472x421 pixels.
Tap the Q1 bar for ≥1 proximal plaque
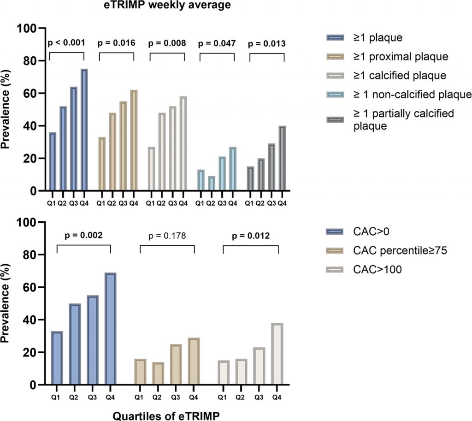point(102,164)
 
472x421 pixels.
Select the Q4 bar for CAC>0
point(110,329)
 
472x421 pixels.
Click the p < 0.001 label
point(66,43)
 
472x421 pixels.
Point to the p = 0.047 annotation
point(217,44)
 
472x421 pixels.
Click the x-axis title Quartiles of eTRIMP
point(166,414)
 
